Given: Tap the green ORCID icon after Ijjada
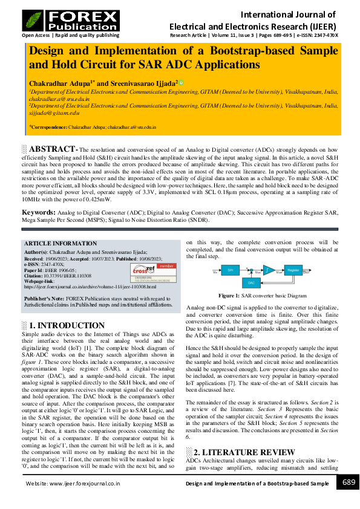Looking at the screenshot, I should [x=181, y=82].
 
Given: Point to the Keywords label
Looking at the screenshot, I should [x=39, y=212].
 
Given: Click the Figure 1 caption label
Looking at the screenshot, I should [x=229, y=296].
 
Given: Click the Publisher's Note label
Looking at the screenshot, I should [x=42, y=299].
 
